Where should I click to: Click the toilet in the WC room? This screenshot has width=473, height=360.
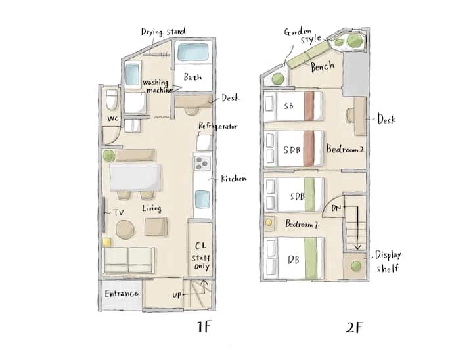[112, 99]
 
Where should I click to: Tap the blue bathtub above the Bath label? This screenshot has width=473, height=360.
[193, 52]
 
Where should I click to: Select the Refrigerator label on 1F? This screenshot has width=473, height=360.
[218, 126]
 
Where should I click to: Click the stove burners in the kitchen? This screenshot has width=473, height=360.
[202, 164]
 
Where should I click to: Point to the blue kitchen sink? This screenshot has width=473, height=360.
[202, 199]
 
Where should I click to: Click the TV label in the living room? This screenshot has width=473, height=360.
[118, 213]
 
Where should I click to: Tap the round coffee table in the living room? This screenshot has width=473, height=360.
[125, 230]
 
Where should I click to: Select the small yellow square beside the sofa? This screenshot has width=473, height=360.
[106, 242]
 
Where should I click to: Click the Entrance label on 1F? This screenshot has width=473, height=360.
[122, 294]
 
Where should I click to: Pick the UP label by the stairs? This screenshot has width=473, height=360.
[177, 295]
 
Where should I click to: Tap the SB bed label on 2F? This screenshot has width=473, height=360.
[288, 106]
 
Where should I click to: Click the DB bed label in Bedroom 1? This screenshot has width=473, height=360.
[293, 259]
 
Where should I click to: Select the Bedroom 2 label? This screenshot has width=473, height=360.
[344, 149]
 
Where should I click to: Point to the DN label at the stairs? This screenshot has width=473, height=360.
[336, 208]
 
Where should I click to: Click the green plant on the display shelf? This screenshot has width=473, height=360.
[355, 266]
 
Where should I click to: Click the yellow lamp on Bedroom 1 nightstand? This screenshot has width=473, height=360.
[268, 223]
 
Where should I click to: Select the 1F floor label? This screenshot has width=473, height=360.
[204, 326]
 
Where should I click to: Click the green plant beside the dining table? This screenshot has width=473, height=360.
[108, 156]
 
